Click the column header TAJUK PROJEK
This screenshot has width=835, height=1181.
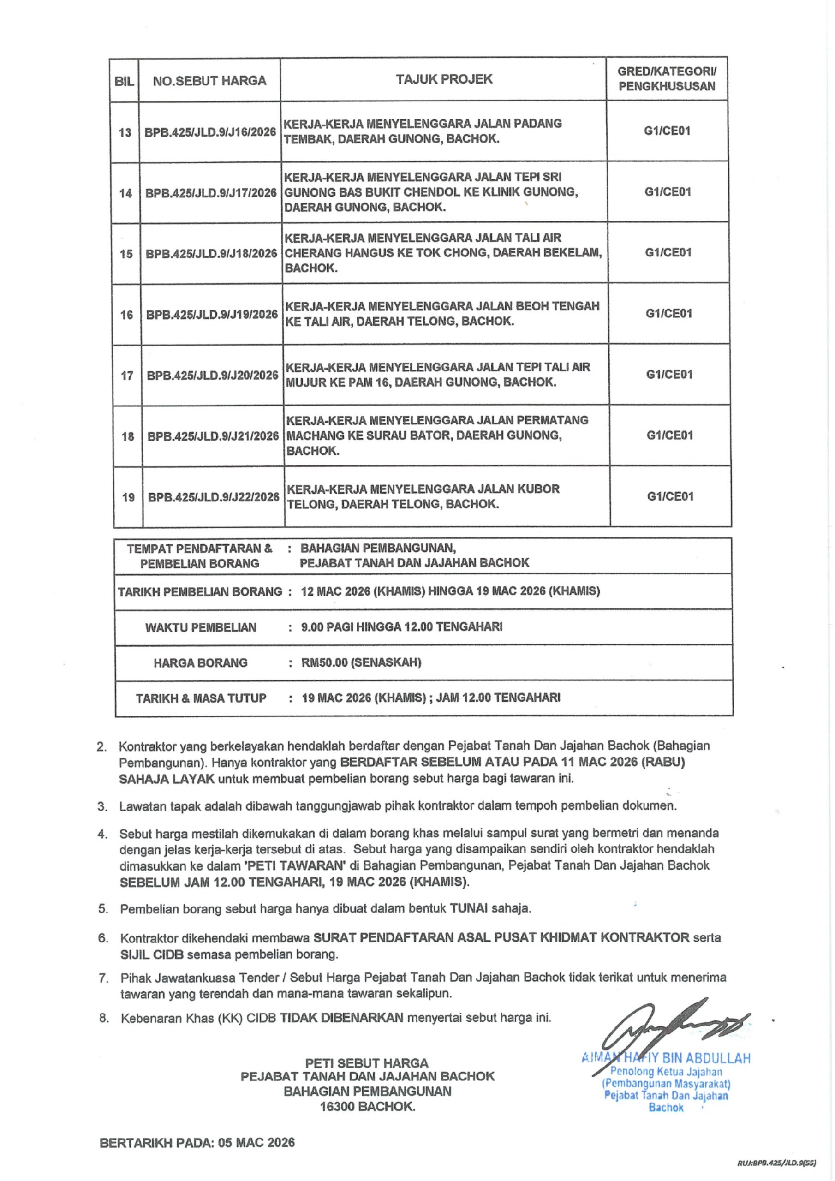coord(444,79)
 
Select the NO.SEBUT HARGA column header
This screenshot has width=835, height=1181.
coord(209,81)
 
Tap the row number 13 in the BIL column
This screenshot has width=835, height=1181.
coord(125,133)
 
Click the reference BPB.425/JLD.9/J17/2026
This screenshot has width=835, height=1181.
coord(211,193)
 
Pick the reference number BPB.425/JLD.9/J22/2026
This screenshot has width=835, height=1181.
coord(214,497)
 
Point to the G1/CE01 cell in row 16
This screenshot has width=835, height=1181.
coord(669,313)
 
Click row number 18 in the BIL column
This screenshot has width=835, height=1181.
coord(128,436)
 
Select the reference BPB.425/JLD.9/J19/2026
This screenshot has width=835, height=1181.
coord(212,314)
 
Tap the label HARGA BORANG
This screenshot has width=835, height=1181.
coord(200,662)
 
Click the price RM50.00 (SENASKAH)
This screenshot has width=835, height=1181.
coord(361,662)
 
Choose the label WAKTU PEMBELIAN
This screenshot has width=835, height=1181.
coord(201,627)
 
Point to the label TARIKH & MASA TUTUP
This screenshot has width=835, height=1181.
coord(201,698)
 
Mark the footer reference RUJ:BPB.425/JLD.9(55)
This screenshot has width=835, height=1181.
coord(776,1162)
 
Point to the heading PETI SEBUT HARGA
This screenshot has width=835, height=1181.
coord(367,1063)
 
